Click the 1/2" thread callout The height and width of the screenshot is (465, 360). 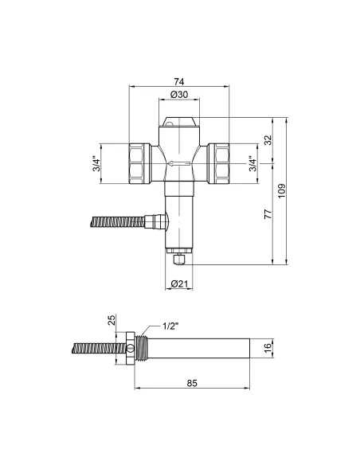click(x=170, y=326)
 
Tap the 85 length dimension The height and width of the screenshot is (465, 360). click(x=191, y=382)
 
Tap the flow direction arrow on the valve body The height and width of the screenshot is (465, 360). click(x=179, y=165)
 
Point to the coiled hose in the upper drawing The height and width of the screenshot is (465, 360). click(x=119, y=221)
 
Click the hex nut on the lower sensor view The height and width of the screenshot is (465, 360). click(x=131, y=348)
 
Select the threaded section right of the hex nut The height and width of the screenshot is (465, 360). click(x=143, y=348)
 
